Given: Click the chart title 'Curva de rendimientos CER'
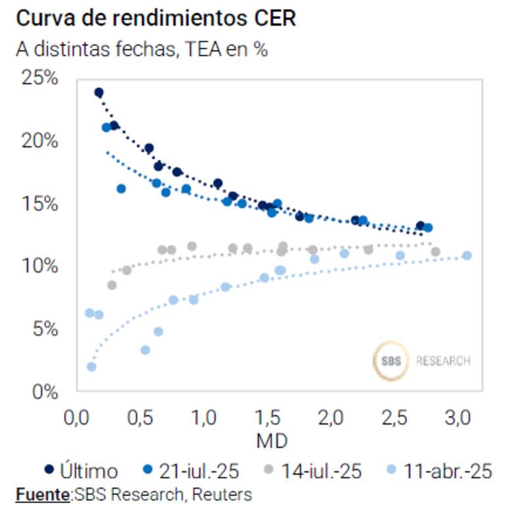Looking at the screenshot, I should click(156, 18).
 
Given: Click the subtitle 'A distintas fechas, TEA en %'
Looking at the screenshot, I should click(141, 49).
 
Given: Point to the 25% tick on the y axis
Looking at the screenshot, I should click(40, 78).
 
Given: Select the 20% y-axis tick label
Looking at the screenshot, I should click(40, 141).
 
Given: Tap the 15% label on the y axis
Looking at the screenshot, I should click(40, 204).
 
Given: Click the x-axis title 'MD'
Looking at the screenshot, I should click(272, 440).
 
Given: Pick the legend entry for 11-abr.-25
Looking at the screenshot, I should click(440, 470).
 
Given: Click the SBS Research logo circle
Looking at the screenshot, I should click(390, 361).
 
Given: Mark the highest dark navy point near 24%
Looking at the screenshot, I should click(99, 92).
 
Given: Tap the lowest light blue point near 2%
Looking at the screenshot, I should click(91, 367).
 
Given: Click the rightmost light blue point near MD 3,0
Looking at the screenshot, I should click(467, 255).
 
